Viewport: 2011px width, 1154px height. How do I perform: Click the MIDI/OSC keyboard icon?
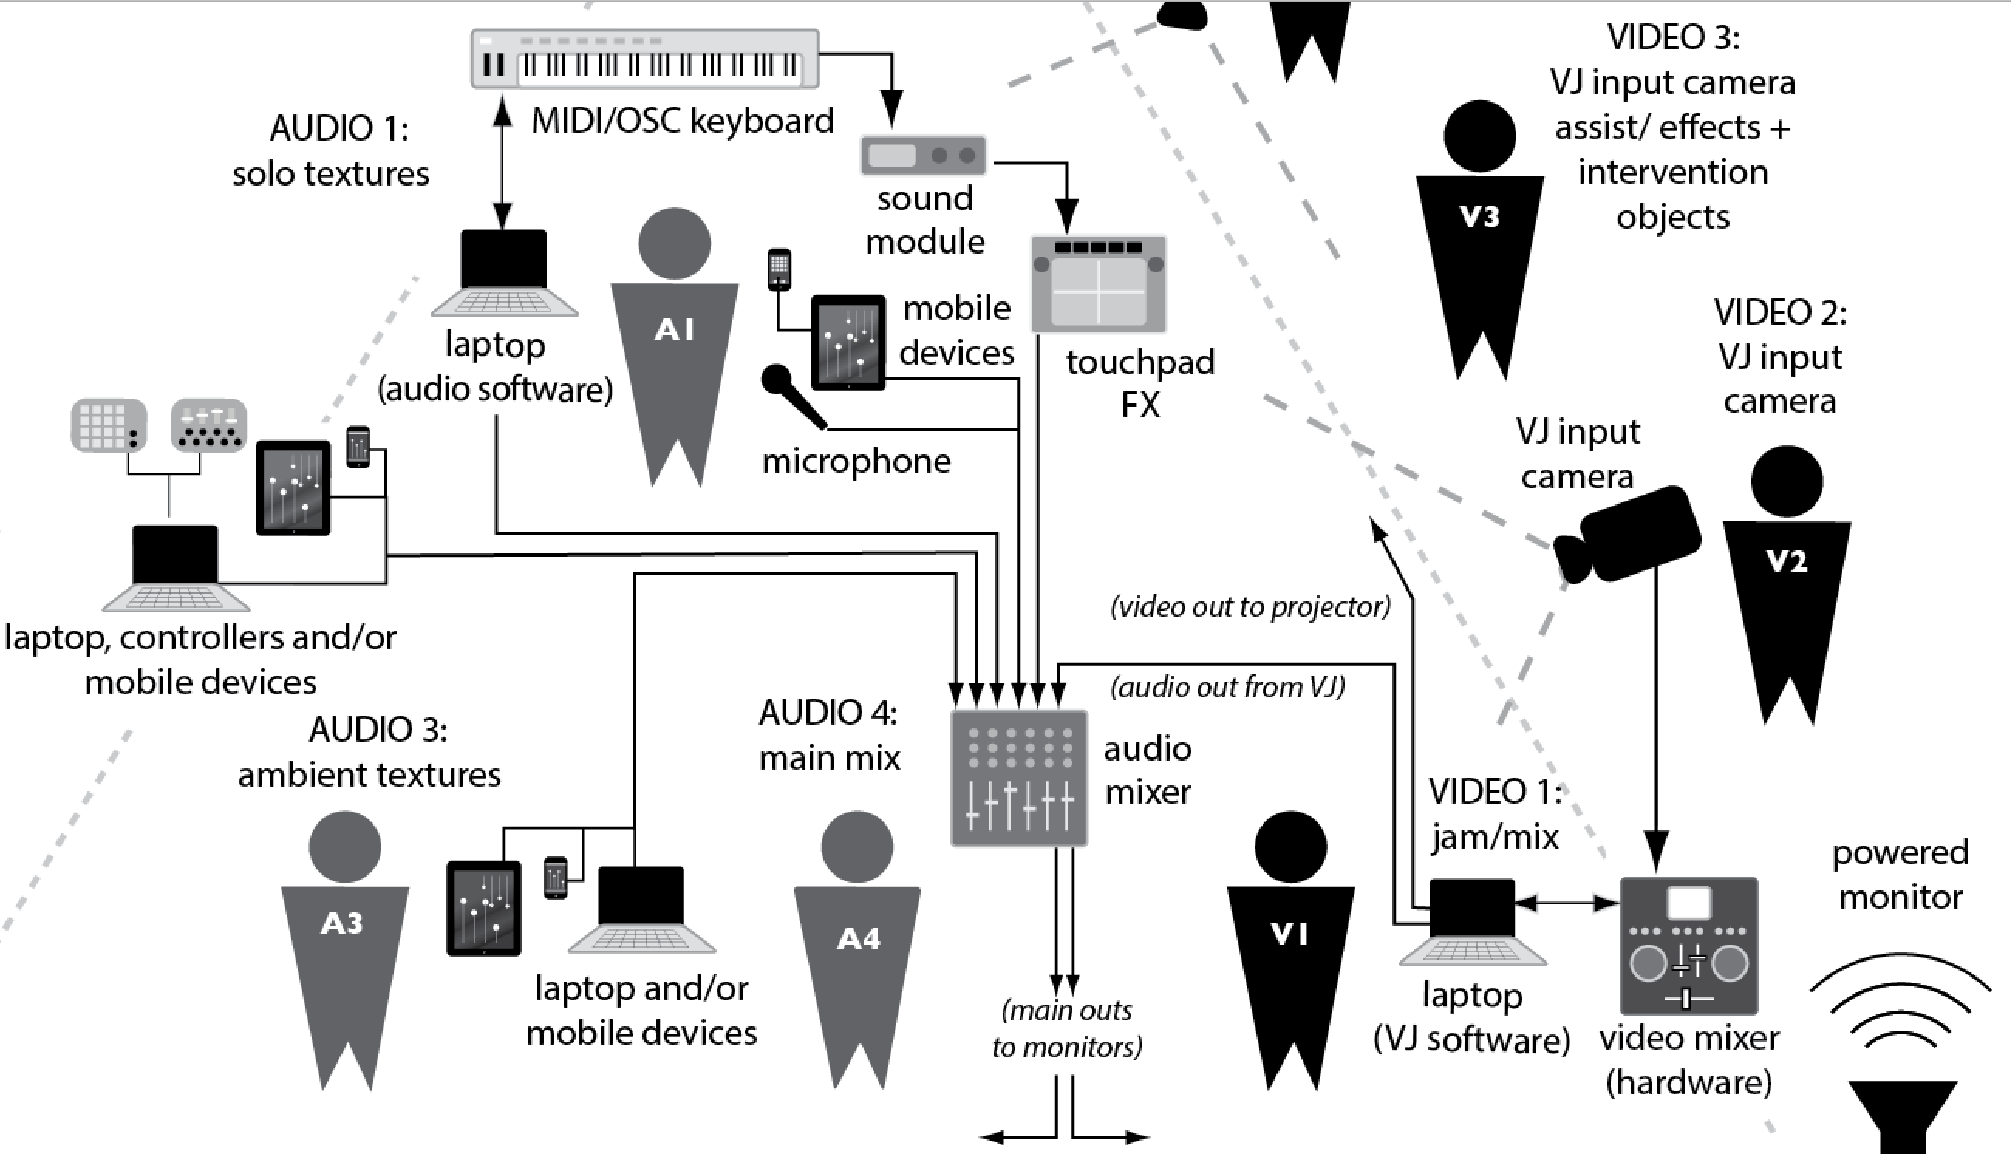pyautogui.click(x=645, y=59)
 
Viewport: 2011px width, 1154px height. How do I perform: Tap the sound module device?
pyautogui.click(x=923, y=155)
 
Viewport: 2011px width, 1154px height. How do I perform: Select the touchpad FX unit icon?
pyautogui.click(x=1099, y=284)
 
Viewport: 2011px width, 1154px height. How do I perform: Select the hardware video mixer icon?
pyautogui.click(x=1689, y=945)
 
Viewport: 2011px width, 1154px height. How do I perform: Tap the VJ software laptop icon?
pyautogui.click(x=1472, y=922)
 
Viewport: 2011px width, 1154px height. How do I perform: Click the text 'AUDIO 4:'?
pyautogui.click(x=828, y=713)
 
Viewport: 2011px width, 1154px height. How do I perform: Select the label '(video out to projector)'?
pyautogui.click(x=1250, y=607)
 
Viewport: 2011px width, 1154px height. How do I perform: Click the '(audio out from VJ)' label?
pyautogui.click(x=1227, y=686)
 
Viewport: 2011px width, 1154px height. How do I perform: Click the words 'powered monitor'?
pyautogui.click(x=1900, y=874)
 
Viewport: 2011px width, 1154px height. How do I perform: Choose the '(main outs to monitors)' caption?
pyautogui.click(x=1067, y=1028)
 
